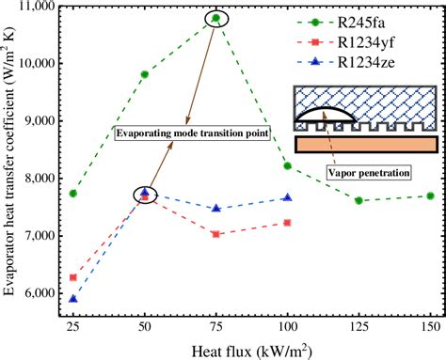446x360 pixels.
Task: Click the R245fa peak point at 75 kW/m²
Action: [215, 18]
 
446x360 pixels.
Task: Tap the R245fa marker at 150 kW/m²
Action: [430, 196]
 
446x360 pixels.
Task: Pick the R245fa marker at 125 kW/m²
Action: [358, 200]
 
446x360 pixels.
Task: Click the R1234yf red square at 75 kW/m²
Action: [215, 234]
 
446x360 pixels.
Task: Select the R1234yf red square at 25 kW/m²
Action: [72, 277]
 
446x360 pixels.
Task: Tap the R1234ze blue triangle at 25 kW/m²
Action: [72, 299]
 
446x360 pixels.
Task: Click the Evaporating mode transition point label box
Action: [193, 133]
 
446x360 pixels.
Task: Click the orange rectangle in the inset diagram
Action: [366, 144]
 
